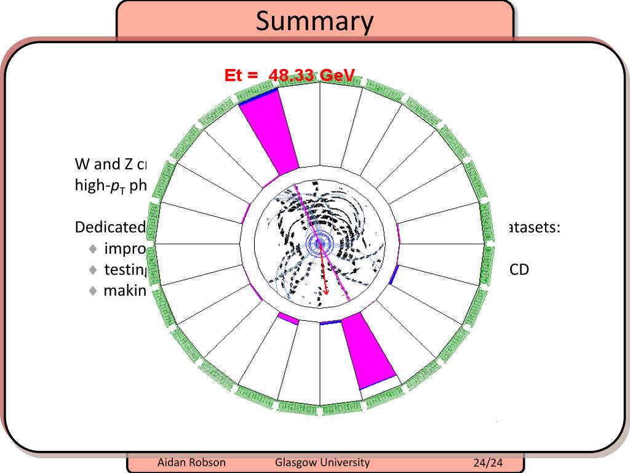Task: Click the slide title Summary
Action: tap(314, 22)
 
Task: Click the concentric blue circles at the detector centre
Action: tap(319, 243)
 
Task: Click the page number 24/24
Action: tap(488, 463)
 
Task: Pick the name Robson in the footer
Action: tap(206, 463)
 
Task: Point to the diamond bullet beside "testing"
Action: tap(93, 270)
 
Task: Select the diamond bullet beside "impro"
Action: tap(93, 249)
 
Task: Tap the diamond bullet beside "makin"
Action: tap(93, 290)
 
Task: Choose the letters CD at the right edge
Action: tap(520, 270)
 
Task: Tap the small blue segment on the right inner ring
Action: tap(394, 275)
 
